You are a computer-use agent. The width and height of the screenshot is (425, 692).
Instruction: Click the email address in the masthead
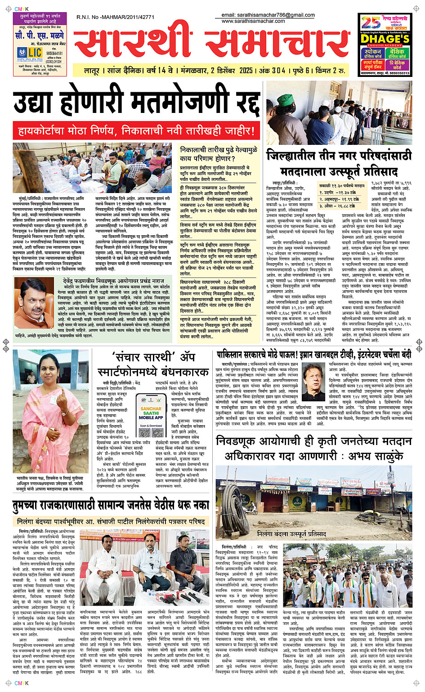pyautogui.click(x=268, y=15)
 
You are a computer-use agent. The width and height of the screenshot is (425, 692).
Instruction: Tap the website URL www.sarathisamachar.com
pyautogui.click(x=253, y=21)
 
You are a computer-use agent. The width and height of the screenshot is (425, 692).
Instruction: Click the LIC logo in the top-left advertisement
pyautogui.click(x=30, y=53)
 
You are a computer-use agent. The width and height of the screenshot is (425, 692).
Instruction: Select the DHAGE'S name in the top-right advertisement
pyautogui.click(x=385, y=39)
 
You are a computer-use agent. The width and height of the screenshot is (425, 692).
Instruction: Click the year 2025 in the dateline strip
pyautogui.click(x=246, y=71)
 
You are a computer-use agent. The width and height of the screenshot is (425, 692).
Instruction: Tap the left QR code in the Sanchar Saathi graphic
pyautogui.click(x=143, y=432)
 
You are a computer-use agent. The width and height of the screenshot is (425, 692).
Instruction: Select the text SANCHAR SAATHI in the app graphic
pyautogui.click(x=151, y=412)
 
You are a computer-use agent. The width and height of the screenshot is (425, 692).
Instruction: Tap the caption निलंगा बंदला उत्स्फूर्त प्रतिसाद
pyautogui.click(x=291, y=534)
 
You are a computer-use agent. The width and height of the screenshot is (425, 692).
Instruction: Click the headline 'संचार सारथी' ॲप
pyautogui.click(x=153, y=358)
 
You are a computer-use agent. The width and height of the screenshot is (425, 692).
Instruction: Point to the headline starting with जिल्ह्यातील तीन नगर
pyautogui.click(x=339, y=156)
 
